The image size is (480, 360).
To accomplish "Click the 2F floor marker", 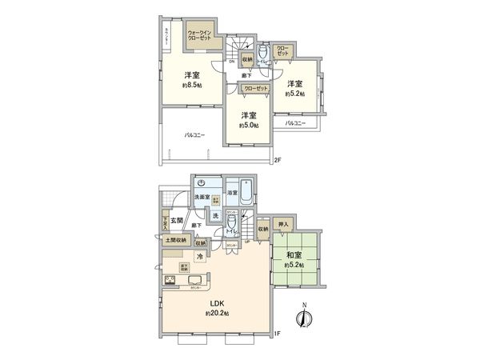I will [278, 159].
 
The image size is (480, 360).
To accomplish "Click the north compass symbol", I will [302, 317].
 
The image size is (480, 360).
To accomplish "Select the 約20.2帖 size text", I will [217, 314].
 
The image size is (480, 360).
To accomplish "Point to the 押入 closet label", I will [282, 225].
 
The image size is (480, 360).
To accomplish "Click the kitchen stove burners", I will [172, 278].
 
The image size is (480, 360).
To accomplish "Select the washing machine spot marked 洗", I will [215, 215].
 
